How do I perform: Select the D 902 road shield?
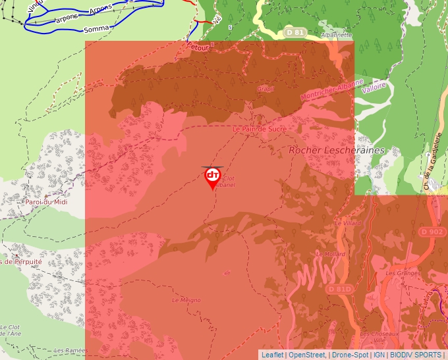pyautogui.click(x=432, y=232)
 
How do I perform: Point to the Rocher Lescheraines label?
pyautogui.click(x=336, y=151)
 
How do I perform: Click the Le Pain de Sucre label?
pyautogui.click(x=260, y=129)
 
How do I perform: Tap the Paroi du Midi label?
pyautogui.click(x=47, y=202)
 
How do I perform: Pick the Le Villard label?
pyautogui.click(x=349, y=224)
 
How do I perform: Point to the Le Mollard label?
pyautogui.click(x=330, y=253)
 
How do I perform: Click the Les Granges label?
pyautogui.click(x=399, y=272)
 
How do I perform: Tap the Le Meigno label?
pyautogui.click(x=186, y=299)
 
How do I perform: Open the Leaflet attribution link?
pyautogui.click(x=272, y=355)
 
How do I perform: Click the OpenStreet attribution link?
pyautogui.click(x=308, y=355)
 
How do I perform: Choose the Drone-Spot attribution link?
pyautogui.click(x=350, y=355)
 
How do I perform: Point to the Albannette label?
pyautogui.click(x=336, y=35)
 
